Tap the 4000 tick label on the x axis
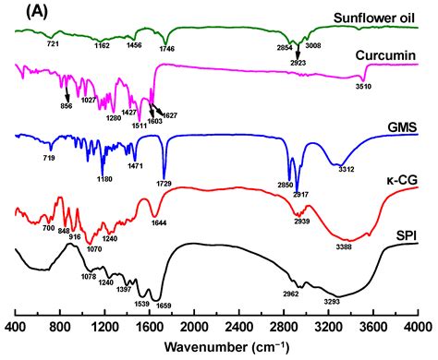coord(418,328)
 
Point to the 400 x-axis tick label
coord(16,328)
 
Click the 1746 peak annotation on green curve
coord(167,49)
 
